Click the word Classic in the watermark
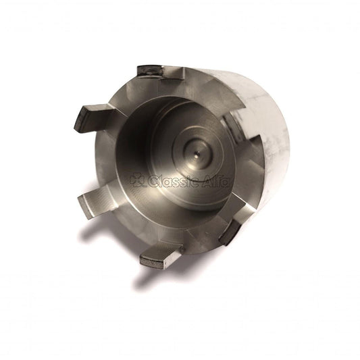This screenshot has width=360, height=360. [x=170, y=181]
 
